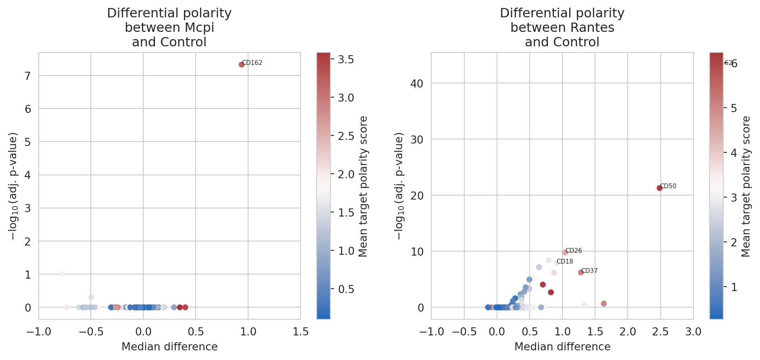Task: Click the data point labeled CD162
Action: point(242,65)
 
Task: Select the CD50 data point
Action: point(660,188)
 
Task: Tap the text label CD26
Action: point(574,251)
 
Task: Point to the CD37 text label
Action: point(589,271)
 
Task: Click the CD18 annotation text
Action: point(565,262)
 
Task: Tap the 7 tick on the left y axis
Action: point(27,76)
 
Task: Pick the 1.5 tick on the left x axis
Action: point(301,332)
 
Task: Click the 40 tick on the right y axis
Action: point(417,83)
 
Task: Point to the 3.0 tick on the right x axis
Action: point(693,332)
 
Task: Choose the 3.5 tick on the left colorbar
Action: point(346,60)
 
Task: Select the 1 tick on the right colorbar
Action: point(734,287)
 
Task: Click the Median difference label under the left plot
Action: point(169,347)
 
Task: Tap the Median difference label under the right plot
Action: point(562,347)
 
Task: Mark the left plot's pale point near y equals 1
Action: point(62,274)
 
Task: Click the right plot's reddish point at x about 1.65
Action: point(603,304)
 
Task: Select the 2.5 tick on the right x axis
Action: point(660,332)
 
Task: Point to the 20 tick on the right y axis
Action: point(417,196)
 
